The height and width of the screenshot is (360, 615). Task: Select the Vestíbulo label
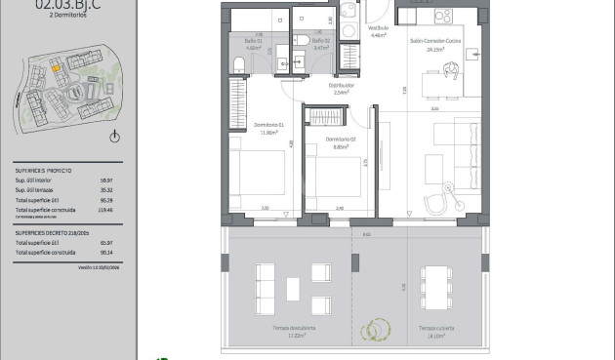[x=377, y=29]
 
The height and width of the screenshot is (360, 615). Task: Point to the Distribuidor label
[x=340, y=88]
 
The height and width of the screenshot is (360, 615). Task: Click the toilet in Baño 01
[x=239, y=64]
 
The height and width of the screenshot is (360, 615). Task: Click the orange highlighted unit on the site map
[x=58, y=67]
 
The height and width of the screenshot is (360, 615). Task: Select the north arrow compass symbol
[x=115, y=136]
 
